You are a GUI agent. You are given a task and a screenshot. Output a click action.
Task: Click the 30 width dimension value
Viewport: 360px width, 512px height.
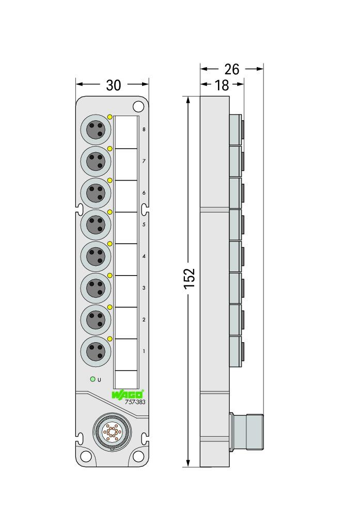[113, 85]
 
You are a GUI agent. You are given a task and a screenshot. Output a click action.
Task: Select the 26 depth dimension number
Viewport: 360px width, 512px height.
[232, 69]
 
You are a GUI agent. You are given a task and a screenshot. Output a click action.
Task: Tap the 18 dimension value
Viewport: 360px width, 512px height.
[222, 86]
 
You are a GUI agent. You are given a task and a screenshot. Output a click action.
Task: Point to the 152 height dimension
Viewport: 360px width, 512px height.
[189, 278]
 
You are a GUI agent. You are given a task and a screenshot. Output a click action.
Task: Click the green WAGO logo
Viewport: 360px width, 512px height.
[128, 394]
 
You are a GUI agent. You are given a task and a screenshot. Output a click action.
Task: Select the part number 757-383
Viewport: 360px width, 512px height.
[135, 402]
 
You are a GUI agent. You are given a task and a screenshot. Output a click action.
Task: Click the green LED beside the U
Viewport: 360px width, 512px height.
[93, 379]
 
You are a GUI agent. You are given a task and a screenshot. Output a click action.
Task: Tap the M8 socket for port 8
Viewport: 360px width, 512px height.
[96, 130]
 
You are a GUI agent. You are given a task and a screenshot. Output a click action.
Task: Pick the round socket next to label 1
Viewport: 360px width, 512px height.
[96, 351]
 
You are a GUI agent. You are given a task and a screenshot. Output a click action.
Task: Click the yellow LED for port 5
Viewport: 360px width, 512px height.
[110, 212]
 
